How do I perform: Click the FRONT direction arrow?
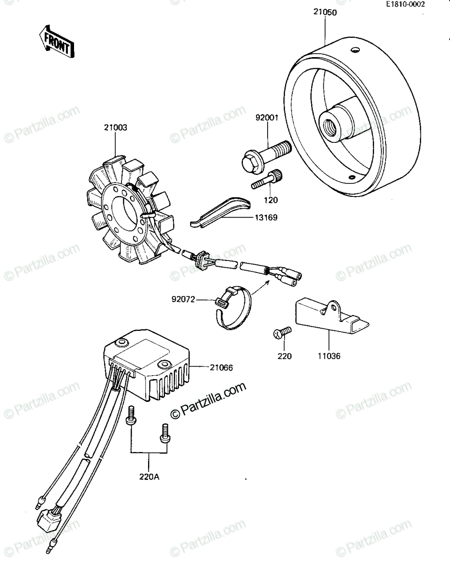click(x=57, y=42)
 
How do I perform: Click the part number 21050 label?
click(x=325, y=12)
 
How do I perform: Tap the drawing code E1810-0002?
click(x=405, y=4)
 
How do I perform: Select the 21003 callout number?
click(x=116, y=127)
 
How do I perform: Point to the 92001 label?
click(x=267, y=118)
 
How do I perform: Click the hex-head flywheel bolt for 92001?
click(x=265, y=156)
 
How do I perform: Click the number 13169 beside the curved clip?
click(x=266, y=218)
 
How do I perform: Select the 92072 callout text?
click(x=183, y=300)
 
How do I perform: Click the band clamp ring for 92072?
click(x=234, y=308)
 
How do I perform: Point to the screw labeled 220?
click(x=282, y=332)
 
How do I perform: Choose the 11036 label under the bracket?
click(x=329, y=356)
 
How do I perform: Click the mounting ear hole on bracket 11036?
click(x=334, y=307)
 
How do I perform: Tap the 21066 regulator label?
click(x=221, y=367)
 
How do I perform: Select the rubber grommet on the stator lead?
click(x=201, y=259)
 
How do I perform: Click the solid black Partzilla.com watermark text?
click(x=208, y=400)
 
